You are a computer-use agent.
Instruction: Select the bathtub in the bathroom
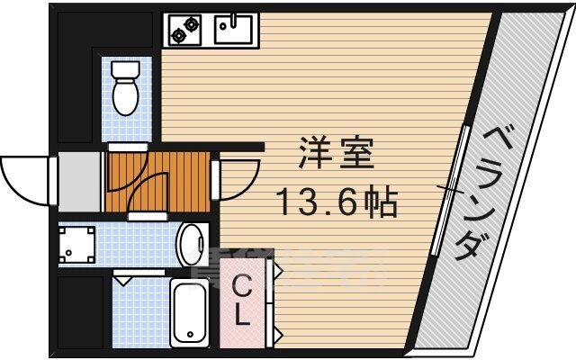pyautogui.click(x=190, y=312)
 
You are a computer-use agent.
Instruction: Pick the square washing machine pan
pyautogui.click(x=77, y=244)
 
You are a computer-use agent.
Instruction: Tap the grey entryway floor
pyautogui.click(x=79, y=179)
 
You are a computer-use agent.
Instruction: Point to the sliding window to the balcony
pyautogui.click(x=450, y=189)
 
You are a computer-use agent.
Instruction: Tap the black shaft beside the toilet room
pyautogui.click(x=74, y=81)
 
